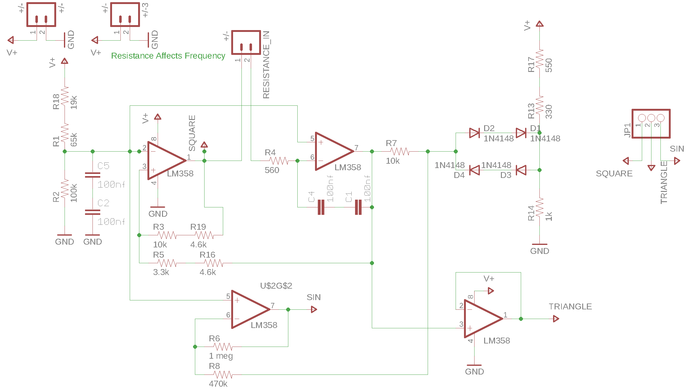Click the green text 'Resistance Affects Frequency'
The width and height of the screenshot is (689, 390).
[168, 56]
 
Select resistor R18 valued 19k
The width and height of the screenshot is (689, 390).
[65, 96]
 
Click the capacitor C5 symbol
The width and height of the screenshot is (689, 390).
[92, 175]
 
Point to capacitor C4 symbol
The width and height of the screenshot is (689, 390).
[321, 207]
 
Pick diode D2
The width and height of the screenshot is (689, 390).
[474, 133]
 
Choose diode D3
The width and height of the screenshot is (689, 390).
[521, 170]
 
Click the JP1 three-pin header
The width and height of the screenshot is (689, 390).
[651, 123]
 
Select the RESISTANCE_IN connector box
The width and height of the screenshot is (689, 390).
[246, 42]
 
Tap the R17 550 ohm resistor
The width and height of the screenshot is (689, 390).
[540, 59]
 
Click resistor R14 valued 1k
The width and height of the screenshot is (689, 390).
[540, 207]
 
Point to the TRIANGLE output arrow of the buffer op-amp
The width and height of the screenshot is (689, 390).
[556, 319]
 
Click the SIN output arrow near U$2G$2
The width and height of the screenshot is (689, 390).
[314, 309]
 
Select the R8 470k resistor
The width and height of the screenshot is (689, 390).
[223, 374]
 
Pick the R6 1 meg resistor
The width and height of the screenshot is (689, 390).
[223, 347]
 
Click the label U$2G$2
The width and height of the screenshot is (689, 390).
[276, 286]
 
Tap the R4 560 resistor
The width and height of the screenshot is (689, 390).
[278, 161]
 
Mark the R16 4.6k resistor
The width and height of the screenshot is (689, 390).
[214, 263]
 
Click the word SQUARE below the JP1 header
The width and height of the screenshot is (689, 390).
[614, 174]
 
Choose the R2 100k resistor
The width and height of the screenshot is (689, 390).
[65, 189]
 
